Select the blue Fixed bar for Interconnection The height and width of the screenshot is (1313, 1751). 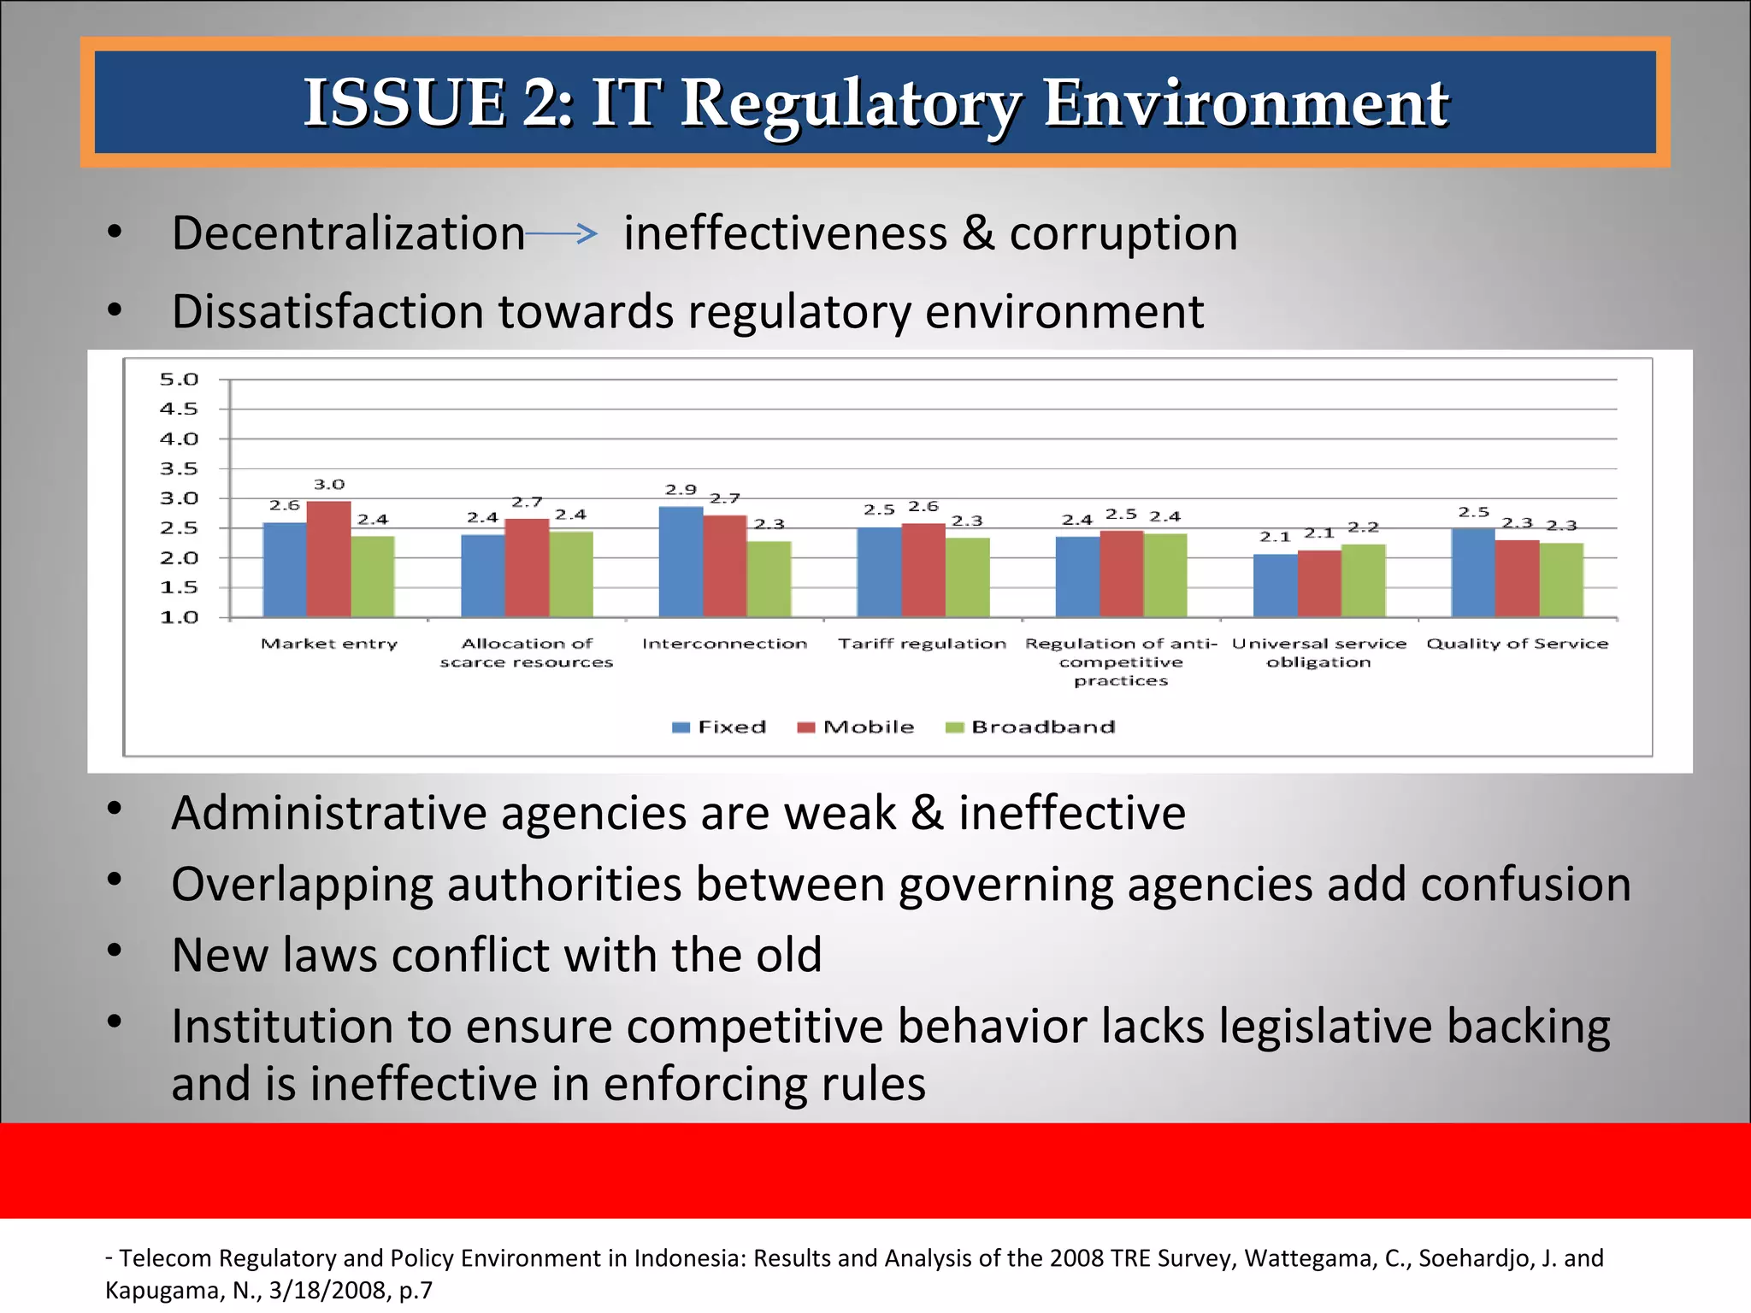coord(681,562)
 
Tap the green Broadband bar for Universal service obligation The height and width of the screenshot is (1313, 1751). coord(1363,580)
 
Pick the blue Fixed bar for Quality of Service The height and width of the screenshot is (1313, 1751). coord(1472,572)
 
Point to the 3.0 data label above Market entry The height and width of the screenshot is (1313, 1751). coord(329,485)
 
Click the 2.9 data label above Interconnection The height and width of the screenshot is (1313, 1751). coord(681,490)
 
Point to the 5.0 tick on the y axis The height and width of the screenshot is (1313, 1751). coord(179,380)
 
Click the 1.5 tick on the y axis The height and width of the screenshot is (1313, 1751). coord(179,588)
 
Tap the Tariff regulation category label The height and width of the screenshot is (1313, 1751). coord(922,644)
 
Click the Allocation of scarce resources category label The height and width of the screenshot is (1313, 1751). coord(527,653)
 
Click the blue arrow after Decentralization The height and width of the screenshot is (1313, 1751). coord(562,233)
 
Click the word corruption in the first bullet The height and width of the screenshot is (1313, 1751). coord(1123,233)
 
